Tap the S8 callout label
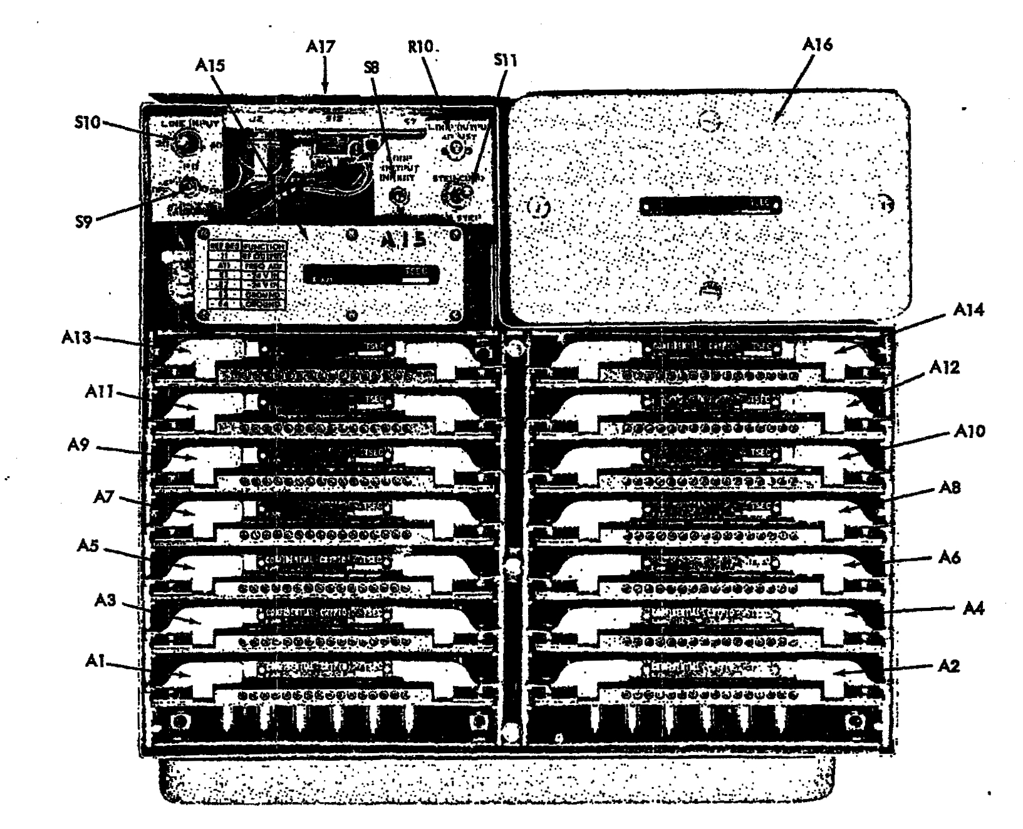click(x=371, y=67)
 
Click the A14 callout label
click(x=970, y=310)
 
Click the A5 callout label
click(x=93, y=546)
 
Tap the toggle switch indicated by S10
click(x=182, y=143)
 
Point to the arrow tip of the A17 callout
click(x=325, y=91)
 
